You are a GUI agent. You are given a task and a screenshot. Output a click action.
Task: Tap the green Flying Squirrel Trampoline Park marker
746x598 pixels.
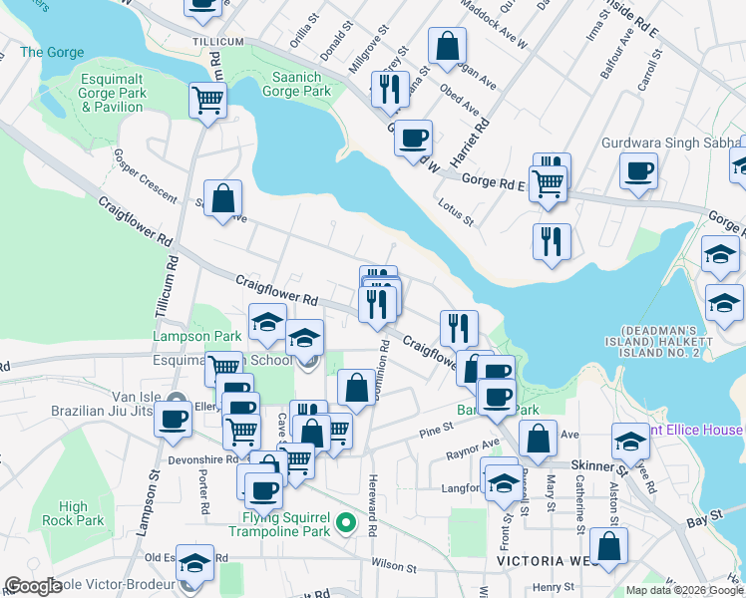[x=346, y=521]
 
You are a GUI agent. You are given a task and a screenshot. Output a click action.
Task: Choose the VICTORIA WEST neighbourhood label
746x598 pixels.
[x=546, y=561]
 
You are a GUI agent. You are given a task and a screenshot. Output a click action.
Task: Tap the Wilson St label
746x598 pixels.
[x=393, y=568]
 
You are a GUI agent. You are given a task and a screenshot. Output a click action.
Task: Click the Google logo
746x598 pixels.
[x=33, y=585]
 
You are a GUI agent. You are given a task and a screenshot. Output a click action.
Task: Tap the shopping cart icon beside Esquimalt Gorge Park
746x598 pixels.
[x=207, y=99]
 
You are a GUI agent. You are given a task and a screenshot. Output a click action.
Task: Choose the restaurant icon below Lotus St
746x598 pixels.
[x=551, y=241]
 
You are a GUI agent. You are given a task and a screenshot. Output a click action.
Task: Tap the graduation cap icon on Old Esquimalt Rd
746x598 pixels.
[x=196, y=564]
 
